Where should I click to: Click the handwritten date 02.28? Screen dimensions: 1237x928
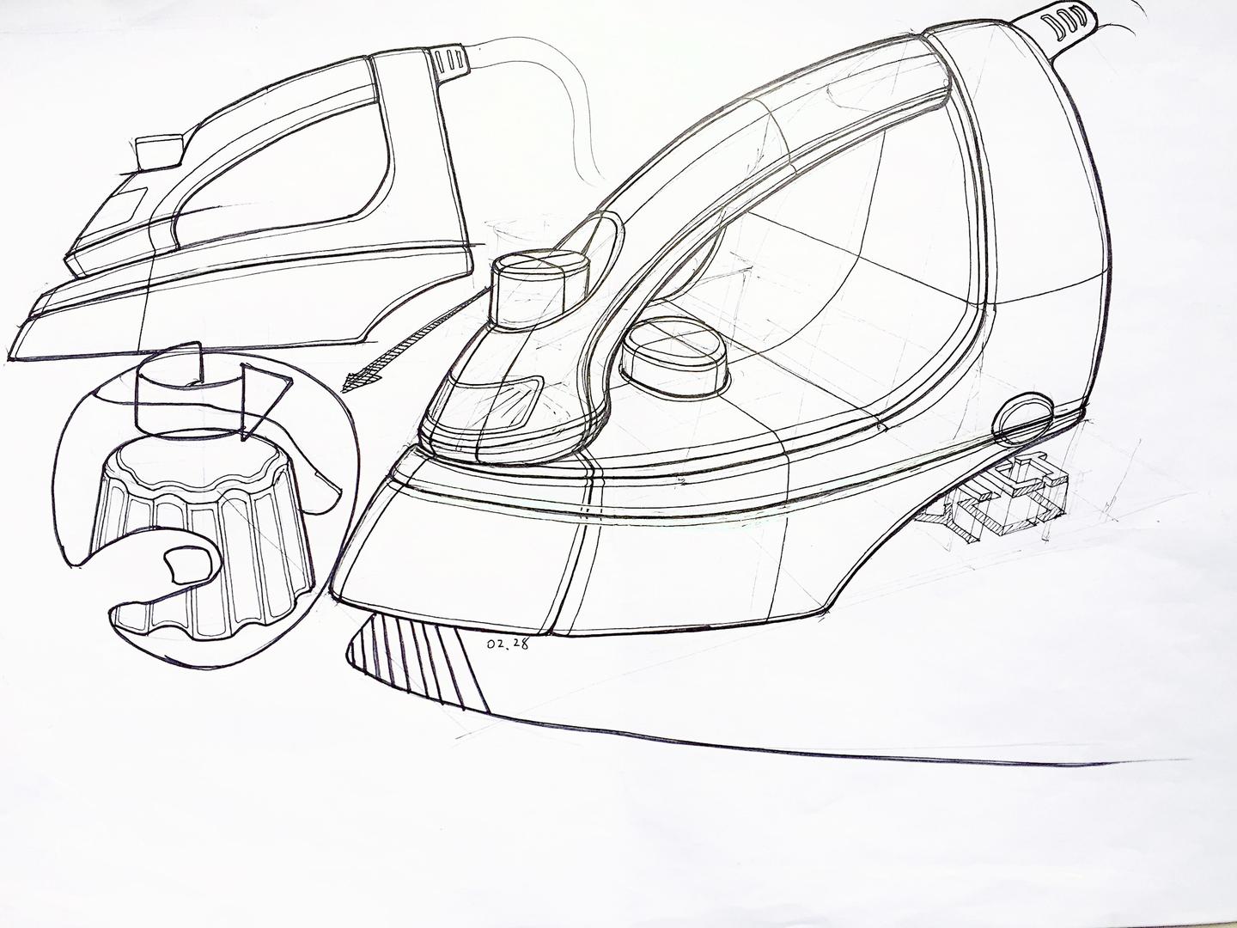pos(506,645)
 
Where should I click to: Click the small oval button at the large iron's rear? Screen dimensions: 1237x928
pos(1023,416)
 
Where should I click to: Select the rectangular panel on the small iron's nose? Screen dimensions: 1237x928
pos(122,209)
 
